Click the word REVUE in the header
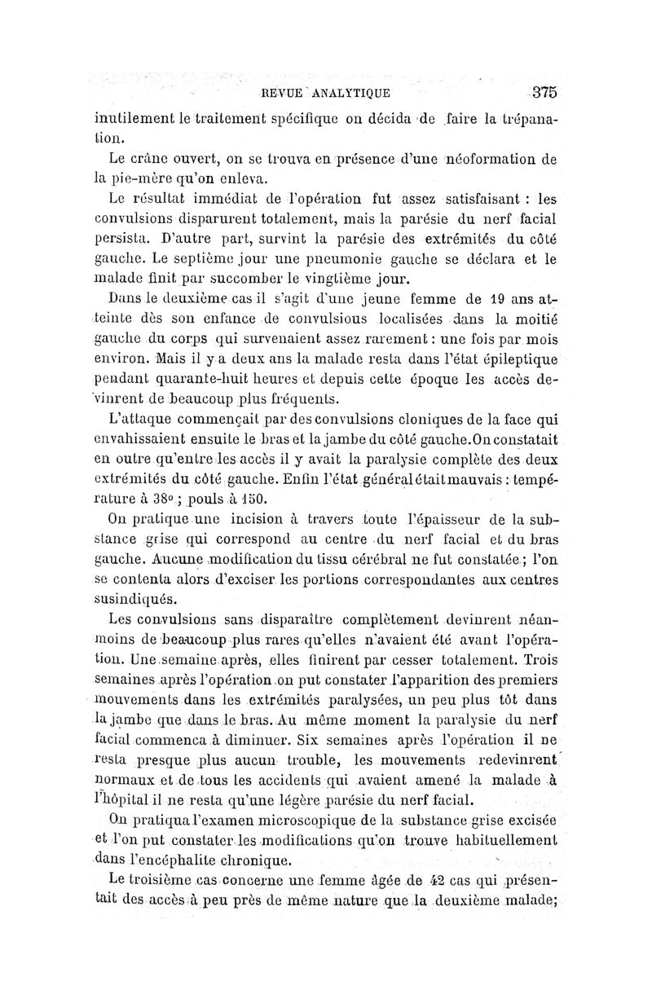[281, 93]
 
